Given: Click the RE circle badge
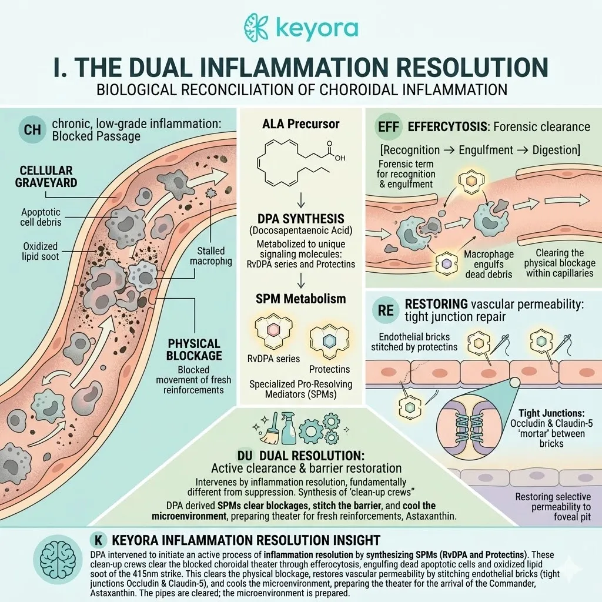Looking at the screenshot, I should [385, 312].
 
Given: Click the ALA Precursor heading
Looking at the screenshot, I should [302, 125].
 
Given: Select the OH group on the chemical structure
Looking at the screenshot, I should [338, 158].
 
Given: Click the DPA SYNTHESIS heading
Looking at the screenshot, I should [302, 218].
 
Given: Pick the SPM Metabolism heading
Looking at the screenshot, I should [302, 299].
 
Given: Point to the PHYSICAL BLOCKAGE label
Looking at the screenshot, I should [193, 350].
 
